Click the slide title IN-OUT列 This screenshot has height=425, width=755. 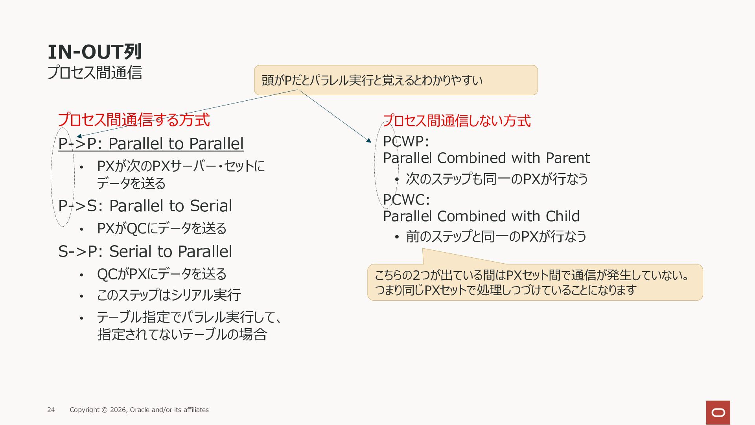click(94, 52)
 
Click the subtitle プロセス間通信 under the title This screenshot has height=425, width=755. click(94, 72)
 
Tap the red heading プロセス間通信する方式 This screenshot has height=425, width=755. click(134, 120)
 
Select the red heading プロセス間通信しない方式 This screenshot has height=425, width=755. click(457, 120)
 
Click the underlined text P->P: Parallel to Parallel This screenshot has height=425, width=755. click(151, 144)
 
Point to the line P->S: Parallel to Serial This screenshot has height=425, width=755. click(145, 206)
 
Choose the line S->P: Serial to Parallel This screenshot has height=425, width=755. click(145, 251)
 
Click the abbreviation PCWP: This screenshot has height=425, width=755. click(406, 141)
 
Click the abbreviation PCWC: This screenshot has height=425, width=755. click(406, 200)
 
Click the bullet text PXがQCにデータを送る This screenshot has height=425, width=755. click(162, 228)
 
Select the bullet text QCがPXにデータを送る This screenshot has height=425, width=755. click(162, 274)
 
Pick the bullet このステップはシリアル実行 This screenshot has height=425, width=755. click(169, 295)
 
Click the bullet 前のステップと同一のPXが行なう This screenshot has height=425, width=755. click(496, 237)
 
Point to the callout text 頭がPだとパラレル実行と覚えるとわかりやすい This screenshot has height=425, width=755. click(372, 80)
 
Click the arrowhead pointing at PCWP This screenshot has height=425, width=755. click(369, 140)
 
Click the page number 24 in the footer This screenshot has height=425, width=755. click(51, 410)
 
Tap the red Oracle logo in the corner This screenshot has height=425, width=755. click(718, 412)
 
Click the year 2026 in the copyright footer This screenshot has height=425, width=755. click(118, 410)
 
